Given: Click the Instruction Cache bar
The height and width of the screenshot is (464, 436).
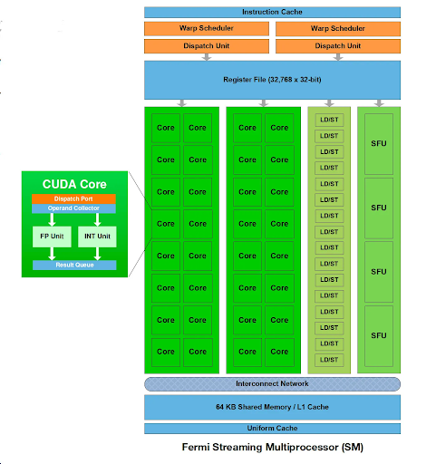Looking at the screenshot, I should point(272,12).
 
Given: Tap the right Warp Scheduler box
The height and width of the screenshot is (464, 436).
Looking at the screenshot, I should point(337,29).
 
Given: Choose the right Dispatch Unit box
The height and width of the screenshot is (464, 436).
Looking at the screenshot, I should point(337,45).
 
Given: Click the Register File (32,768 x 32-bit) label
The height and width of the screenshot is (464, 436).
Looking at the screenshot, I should point(272,80).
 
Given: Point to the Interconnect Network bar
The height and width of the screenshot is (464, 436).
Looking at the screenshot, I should point(272,383).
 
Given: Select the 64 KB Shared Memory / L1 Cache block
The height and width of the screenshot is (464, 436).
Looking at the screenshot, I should point(272,407).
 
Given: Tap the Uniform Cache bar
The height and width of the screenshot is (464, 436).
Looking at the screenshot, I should point(272,429).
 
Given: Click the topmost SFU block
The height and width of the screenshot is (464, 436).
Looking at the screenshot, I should point(380,143).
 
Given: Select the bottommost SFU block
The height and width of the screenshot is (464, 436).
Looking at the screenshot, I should point(380,335).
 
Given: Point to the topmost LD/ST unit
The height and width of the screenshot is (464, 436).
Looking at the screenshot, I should point(329,120).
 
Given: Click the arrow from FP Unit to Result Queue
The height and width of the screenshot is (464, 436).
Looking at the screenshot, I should point(50,255).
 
